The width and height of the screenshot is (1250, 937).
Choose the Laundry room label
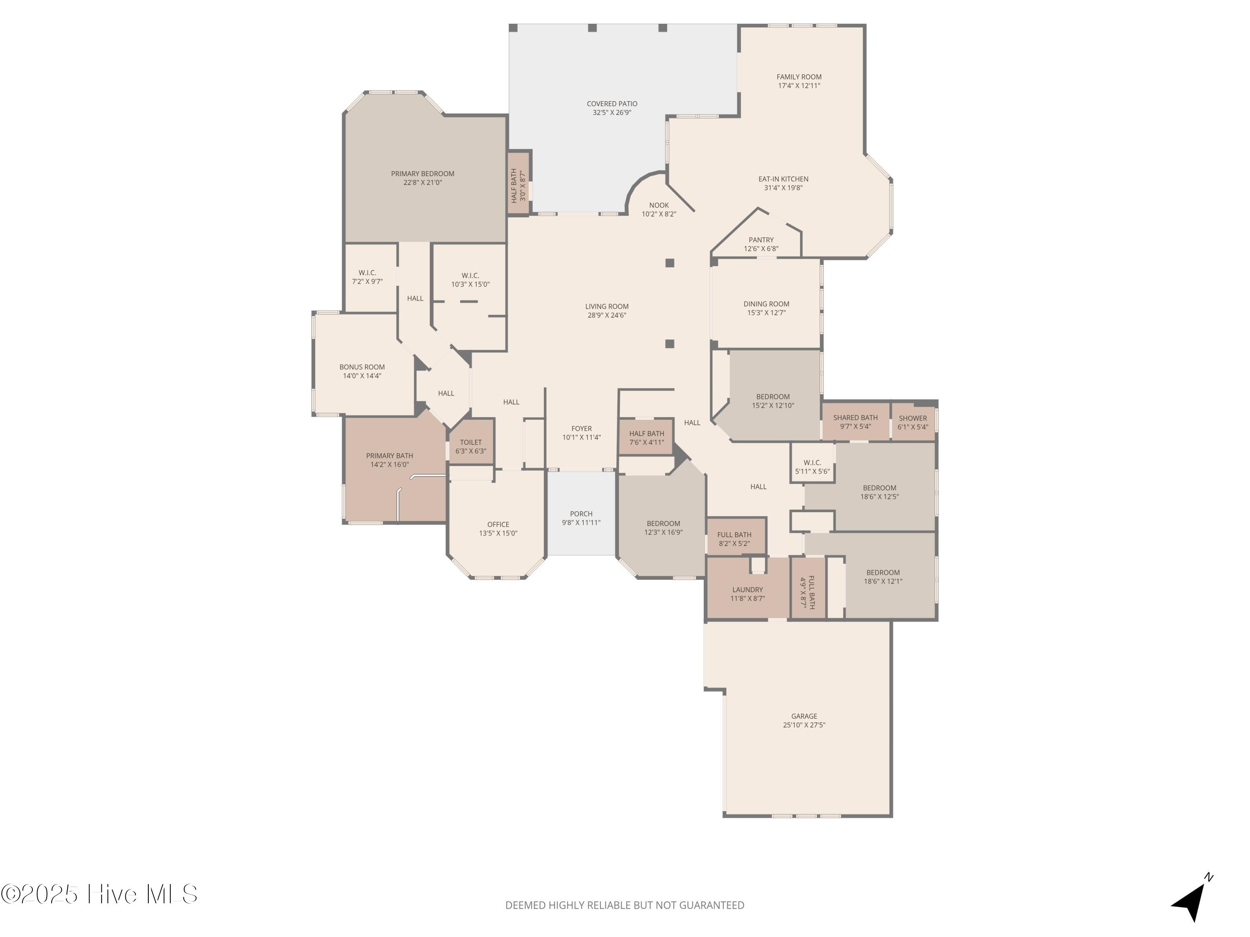[747, 590]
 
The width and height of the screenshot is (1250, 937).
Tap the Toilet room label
[471, 443]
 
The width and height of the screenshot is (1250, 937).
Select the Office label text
[498, 525]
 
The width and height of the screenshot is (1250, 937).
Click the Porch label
[581, 514]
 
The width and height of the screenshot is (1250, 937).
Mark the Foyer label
[582, 429]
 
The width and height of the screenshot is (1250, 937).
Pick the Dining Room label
[766, 304]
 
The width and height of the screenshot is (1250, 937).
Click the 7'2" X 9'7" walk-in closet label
[367, 277]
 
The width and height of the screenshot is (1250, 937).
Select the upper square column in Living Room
[670, 263]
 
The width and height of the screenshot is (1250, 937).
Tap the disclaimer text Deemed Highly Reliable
[625, 905]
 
